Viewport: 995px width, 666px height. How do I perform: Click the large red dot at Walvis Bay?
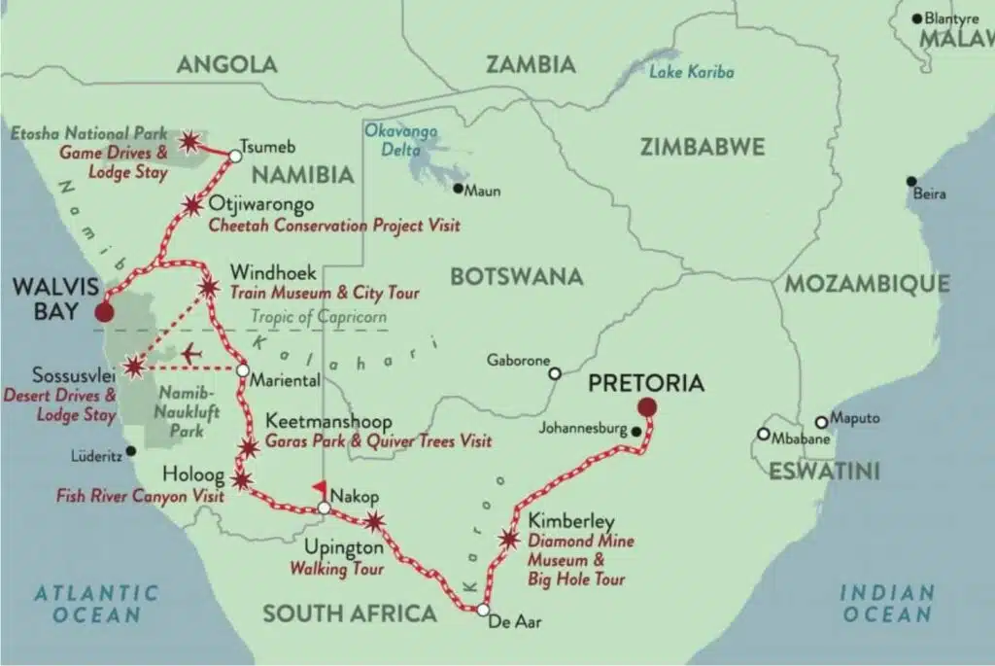click(x=102, y=312)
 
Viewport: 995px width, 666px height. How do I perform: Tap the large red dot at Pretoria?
click(x=647, y=407)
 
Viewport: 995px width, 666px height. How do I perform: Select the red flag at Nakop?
click(x=318, y=489)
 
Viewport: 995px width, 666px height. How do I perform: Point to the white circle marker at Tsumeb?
click(x=234, y=155)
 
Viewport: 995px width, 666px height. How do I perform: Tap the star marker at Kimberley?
click(x=509, y=539)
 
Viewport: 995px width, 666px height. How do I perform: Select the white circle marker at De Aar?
click(x=483, y=611)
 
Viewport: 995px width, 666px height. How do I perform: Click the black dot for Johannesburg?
click(x=635, y=431)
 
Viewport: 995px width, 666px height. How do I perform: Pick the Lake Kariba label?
click(x=691, y=72)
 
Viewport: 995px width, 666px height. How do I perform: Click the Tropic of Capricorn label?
click(x=319, y=317)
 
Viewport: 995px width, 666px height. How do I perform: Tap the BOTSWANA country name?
click(x=516, y=276)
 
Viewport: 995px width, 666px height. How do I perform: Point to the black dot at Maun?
click(x=459, y=190)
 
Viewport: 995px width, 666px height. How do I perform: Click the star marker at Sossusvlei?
click(x=134, y=367)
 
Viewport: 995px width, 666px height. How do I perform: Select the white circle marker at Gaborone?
click(x=555, y=373)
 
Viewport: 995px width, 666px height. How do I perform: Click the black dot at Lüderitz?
click(x=130, y=451)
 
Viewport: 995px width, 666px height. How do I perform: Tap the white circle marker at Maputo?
click(x=821, y=422)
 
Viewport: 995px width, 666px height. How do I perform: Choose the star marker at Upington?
click(x=374, y=522)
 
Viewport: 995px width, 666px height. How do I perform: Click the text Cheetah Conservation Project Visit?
click(x=334, y=226)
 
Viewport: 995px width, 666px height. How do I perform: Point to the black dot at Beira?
click(x=910, y=182)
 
